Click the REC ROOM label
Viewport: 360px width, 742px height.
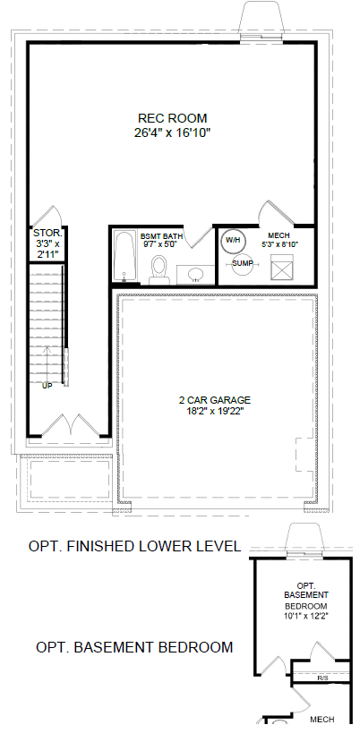(x=172, y=117)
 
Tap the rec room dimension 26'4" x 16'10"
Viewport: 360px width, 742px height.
(x=172, y=132)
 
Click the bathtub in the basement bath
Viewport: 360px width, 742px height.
(x=124, y=259)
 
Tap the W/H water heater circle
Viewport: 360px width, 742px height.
(x=233, y=240)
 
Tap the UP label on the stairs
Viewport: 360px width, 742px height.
(x=47, y=386)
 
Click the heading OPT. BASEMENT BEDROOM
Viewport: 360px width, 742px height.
(x=134, y=647)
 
